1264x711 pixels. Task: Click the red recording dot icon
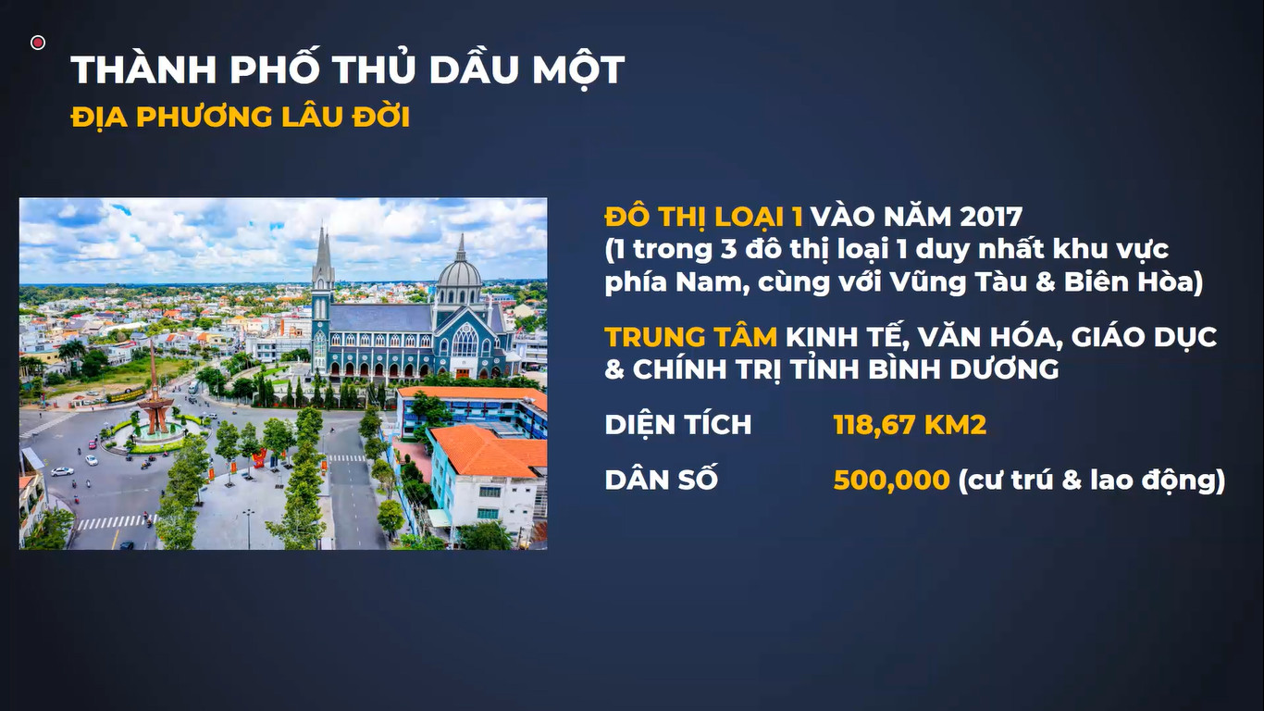pyautogui.click(x=38, y=43)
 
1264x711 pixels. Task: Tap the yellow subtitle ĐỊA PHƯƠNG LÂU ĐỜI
pyautogui.click(x=241, y=117)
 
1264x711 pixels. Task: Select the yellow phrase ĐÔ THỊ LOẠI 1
pyautogui.click(x=703, y=217)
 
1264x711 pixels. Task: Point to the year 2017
pyautogui.click(x=990, y=217)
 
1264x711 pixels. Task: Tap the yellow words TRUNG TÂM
pyautogui.click(x=690, y=337)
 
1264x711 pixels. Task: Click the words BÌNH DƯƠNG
pyautogui.click(x=962, y=369)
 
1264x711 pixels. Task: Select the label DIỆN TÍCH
pyautogui.click(x=677, y=424)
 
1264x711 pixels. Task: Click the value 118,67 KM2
pyautogui.click(x=910, y=425)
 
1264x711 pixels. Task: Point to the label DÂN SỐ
pyautogui.click(x=661, y=479)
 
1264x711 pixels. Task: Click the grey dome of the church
pyautogui.click(x=460, y=274)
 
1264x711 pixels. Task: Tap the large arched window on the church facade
pyautogui.click(x=465, y=341)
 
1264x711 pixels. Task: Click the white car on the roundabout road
pyautogui.click(x=62, y=471)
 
